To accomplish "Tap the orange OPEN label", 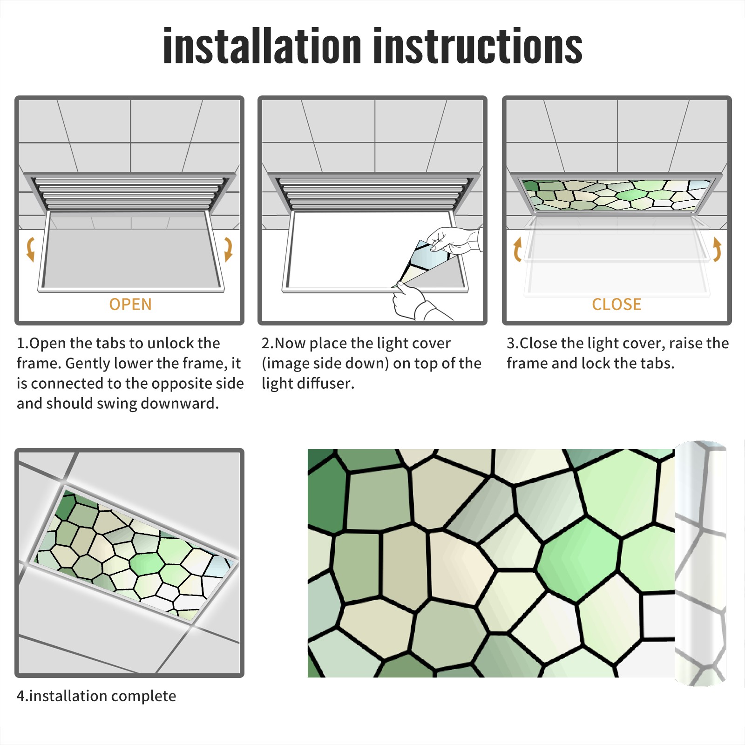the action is tap(130, 304).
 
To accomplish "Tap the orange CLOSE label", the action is tap(616, 304).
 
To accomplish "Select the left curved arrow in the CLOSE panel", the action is tap(517, 250).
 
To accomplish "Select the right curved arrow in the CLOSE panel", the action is tap(717, 250).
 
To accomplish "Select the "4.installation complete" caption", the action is tap(96, 696).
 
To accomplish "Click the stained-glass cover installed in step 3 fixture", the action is tap(616, 195).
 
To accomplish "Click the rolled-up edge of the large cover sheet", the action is tap(700, 563).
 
